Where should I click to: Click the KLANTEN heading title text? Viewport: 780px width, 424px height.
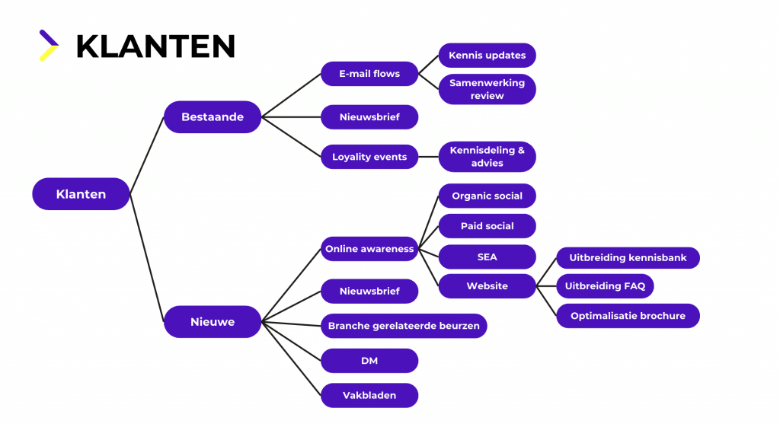point(155,46)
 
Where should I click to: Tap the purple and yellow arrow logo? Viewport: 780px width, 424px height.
point(49,45)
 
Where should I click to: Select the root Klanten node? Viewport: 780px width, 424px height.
point(81,194)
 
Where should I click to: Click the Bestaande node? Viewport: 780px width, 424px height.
point(213,117)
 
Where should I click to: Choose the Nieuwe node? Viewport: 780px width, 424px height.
point(213,322)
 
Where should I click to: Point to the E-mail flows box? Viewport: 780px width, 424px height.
point(369,74)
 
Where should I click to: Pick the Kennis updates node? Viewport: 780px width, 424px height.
point(487,56)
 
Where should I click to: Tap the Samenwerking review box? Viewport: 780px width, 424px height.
point(487,90)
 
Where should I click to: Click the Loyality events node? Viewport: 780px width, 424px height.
point(369,157)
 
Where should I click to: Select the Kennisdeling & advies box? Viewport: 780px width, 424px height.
point(487,157)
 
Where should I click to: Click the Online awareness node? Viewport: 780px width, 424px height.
point(369,249)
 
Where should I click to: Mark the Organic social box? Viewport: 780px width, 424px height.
point(487,196)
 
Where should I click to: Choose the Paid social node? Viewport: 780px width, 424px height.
point(487,226)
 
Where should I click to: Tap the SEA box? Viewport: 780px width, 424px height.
point(487,257)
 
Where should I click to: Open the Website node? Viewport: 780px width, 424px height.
point(487,286)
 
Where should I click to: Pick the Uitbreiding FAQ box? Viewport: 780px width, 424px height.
point(605,286)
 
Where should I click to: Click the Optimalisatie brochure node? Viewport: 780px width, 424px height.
point(628,316)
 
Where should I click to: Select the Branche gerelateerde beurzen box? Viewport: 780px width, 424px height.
point(404,326)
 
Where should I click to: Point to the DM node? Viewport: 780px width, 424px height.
point(369,361)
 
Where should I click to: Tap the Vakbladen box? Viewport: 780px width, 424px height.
point(369,396)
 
